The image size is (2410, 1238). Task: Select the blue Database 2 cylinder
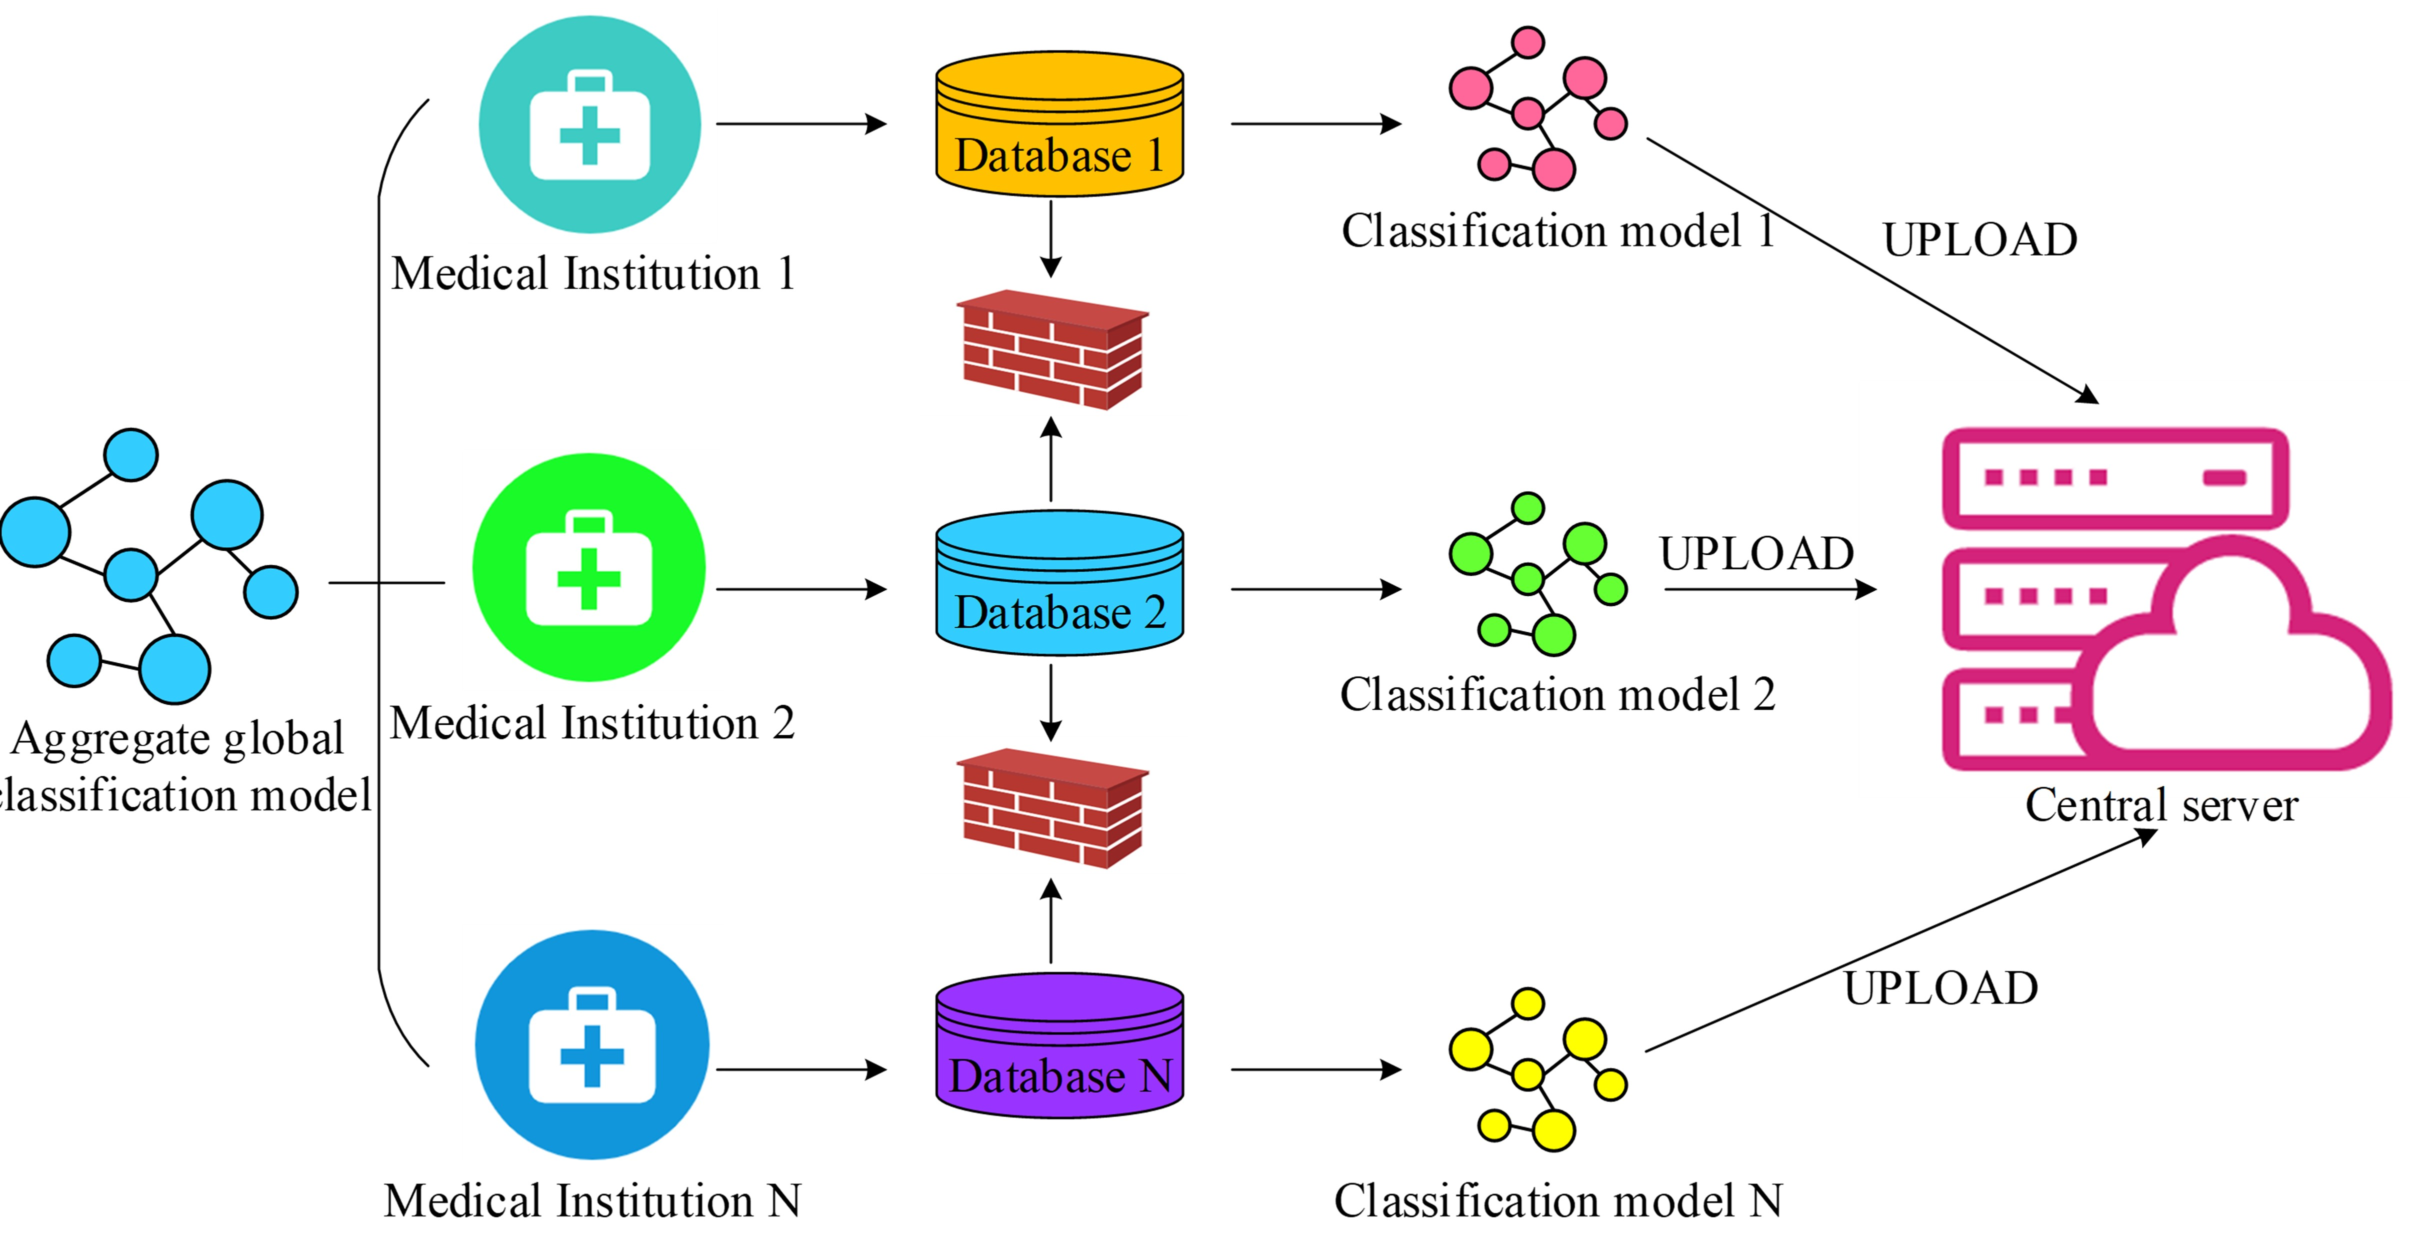(1059, 582)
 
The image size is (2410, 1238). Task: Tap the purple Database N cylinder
(1059, 1045)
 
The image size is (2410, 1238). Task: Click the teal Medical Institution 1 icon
(589, 125)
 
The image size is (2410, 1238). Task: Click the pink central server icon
(2161, 599)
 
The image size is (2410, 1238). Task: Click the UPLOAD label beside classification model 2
(1756, 553)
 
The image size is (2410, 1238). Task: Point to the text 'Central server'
(2161, 805)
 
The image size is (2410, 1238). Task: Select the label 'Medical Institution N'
(592, 1200)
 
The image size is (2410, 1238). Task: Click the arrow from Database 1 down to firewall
(1051, 239)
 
